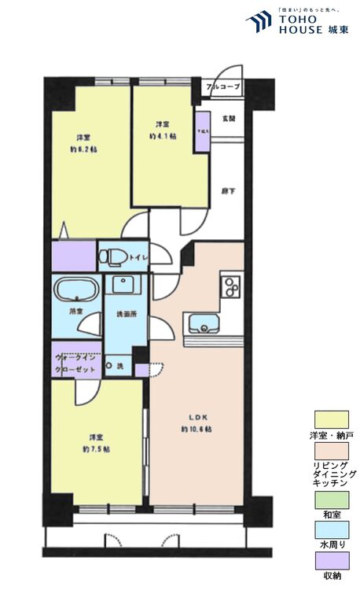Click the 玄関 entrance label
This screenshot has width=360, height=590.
pos(229,119)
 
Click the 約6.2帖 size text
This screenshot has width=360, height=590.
pos(83,148)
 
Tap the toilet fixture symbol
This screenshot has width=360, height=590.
pos(115,256)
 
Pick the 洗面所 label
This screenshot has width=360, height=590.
pos(126,315)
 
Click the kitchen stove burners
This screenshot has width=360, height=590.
pos(230,289)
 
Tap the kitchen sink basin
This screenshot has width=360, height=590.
pos(203,323)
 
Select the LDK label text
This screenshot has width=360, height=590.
pos(196,418)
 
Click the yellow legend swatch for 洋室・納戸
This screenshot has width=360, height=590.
pos(331,420)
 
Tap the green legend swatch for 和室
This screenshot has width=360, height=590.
pos(331,499)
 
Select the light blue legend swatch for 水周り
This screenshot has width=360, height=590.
pos(331,529)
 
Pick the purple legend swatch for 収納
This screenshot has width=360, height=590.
pos(331,560)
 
